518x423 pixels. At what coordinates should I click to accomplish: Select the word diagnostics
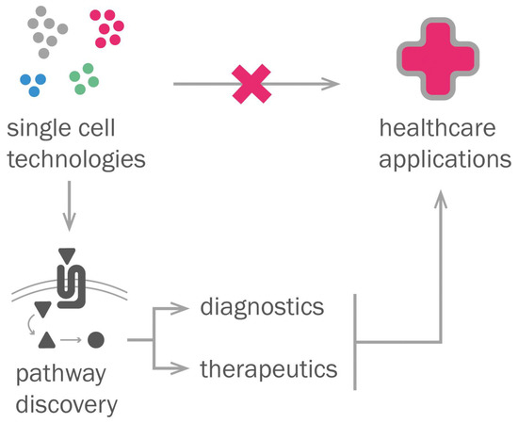click(263, 308)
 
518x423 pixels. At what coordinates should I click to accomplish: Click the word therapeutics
click(268, 368)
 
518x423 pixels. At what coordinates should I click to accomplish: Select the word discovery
click(66, 405)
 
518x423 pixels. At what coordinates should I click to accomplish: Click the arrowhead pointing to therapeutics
click(184, 369)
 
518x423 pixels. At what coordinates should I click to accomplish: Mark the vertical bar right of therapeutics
click(354, 341)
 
